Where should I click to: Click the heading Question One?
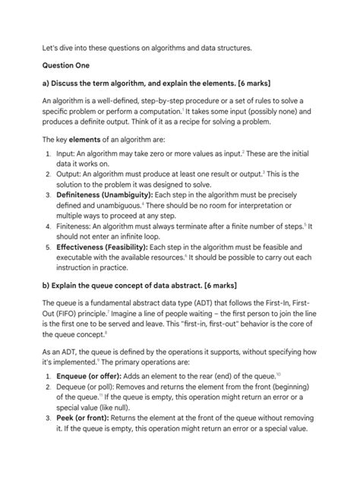(66, 66)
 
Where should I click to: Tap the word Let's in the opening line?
(50, 47)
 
